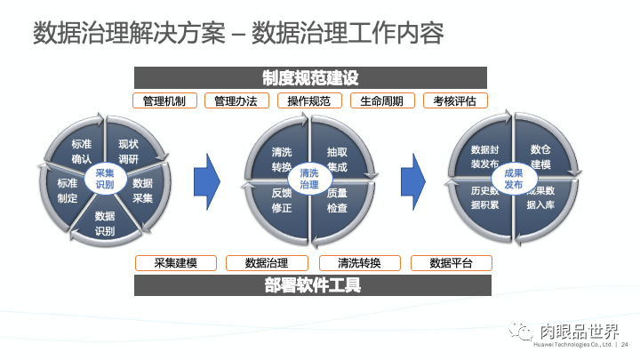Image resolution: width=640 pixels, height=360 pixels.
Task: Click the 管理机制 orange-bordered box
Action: click(x=164, y=101)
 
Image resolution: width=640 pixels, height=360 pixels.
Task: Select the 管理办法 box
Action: click(x=236, y=101)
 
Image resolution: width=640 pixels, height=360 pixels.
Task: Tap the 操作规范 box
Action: click(x=309, y=101)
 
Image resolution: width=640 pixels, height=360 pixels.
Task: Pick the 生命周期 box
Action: click(x=382, y=101)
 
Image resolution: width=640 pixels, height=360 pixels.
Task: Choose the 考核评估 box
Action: click(x=455, y=101)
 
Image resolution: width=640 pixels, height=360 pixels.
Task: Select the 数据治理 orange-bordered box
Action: click(x=267, y=263)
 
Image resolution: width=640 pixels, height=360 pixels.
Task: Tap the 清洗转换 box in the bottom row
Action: click(x=359, y=263)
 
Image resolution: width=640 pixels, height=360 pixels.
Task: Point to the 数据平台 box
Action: click(x=452, y=263)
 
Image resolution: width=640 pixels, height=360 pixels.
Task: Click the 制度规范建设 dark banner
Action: click(x=312, y=78)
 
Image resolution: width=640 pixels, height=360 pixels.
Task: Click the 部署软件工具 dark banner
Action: click(x=312, y=285)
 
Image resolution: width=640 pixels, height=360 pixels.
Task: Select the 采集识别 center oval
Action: click(x=105, y=178)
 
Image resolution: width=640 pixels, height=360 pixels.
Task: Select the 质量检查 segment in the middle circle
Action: click(x=337, y=200)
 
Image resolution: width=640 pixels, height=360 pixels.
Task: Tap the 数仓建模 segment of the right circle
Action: click(x=540, y=157)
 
